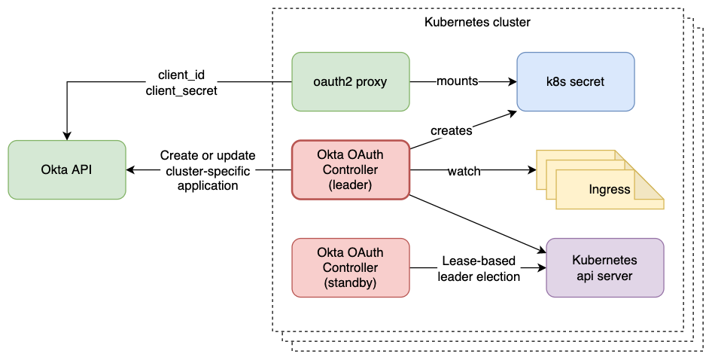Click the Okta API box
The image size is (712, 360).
(67, 169)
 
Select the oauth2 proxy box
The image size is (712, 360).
(350, 81)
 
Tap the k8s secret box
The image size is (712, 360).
(575, 81)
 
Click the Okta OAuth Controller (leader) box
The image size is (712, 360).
(350, 170)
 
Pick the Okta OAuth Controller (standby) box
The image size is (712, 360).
(350, 267)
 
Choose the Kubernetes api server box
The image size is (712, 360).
(605, 267)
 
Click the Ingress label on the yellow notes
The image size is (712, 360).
(610, 189)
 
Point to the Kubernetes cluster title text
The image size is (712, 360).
(477, 23)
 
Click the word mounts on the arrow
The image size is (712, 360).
(457, 81)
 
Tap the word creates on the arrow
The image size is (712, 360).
(451, 130)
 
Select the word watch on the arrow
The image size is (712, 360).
(464, 171)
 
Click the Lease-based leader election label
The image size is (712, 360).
(479, 269)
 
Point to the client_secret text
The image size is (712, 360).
(181, 90)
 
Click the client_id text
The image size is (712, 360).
(181, 76)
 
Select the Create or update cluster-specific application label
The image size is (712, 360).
(207, 170)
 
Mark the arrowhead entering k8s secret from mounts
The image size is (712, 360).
(511, 81)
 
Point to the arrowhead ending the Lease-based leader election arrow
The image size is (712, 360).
(541, 267)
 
